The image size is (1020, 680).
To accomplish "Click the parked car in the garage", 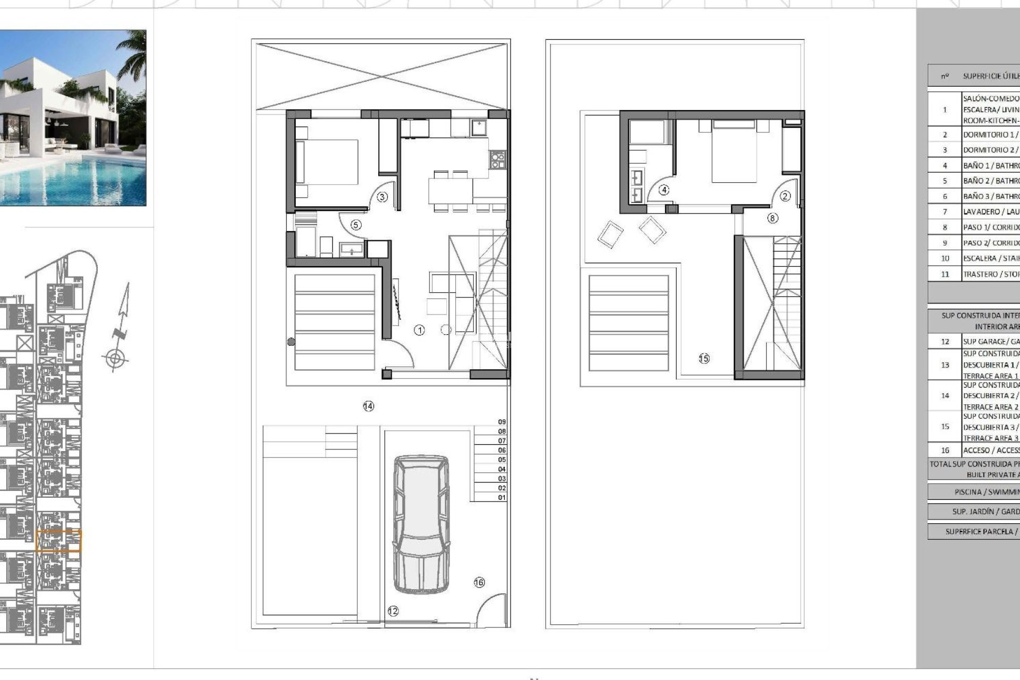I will pos(421,524).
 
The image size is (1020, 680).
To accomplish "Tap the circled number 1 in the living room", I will pos(419,330).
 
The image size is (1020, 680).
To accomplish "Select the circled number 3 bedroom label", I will pos(382,197).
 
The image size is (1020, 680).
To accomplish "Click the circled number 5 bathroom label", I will pos(356,225).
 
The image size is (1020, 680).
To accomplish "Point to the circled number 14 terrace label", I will pos(368,406).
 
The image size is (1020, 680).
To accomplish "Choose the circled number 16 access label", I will pos(479,582).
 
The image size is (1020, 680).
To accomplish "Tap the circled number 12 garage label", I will pos(393,611).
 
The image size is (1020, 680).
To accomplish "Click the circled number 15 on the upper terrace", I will pos(704,359).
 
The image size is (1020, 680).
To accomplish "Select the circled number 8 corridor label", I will pos(772,218).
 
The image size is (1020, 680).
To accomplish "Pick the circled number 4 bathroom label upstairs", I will pos(664,190).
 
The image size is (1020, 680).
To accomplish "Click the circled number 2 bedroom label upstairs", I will pos(785,196).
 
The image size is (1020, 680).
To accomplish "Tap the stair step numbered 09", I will pos(501,422).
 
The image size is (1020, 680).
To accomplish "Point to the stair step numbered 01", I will pos(501,498).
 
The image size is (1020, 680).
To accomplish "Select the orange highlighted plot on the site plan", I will pos(58,541).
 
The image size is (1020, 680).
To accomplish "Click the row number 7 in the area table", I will pos(945,212).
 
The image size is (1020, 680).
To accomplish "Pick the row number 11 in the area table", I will pos(945,274).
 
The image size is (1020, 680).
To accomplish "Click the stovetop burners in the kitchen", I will pos(497,160).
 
